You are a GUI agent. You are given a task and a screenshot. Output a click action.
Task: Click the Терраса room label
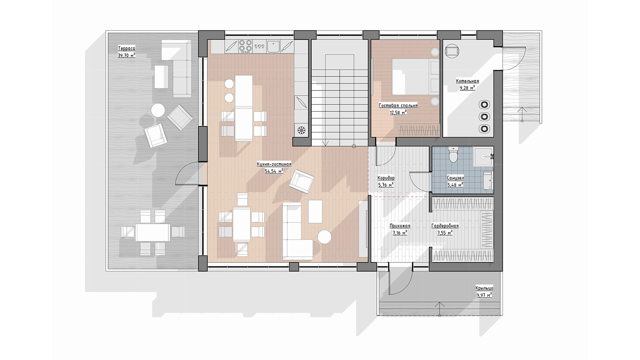[126, 48]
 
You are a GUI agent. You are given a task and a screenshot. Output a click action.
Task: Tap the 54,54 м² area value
[274, 171]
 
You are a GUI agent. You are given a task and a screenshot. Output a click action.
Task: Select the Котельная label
[468, 81]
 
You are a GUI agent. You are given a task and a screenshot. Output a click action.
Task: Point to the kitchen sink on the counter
[274, 46]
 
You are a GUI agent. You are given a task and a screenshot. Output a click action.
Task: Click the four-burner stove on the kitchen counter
[246, 46]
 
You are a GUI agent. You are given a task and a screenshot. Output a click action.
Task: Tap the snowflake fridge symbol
[301, 130]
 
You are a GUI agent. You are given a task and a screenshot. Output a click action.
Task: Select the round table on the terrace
[158, 110]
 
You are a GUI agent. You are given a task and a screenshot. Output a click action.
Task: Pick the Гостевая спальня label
[398, 106]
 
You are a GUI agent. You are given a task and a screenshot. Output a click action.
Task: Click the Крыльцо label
[484, 288]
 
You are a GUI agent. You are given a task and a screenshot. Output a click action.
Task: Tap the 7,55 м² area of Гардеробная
[445, 232]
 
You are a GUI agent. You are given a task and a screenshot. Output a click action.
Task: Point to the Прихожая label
[400, 226]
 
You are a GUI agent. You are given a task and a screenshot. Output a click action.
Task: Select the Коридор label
[386, 178]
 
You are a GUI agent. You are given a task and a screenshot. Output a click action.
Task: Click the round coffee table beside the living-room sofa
[324, 237]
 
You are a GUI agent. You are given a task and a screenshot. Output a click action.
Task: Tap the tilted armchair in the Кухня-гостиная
[302, 181]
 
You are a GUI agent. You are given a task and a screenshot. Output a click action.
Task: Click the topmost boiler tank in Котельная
[484, 104]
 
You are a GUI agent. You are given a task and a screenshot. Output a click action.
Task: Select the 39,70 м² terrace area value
[126, 55]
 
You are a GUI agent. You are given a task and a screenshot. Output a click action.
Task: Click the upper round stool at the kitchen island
[229, 84]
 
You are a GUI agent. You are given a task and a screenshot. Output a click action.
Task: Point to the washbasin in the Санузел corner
[483, 156]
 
